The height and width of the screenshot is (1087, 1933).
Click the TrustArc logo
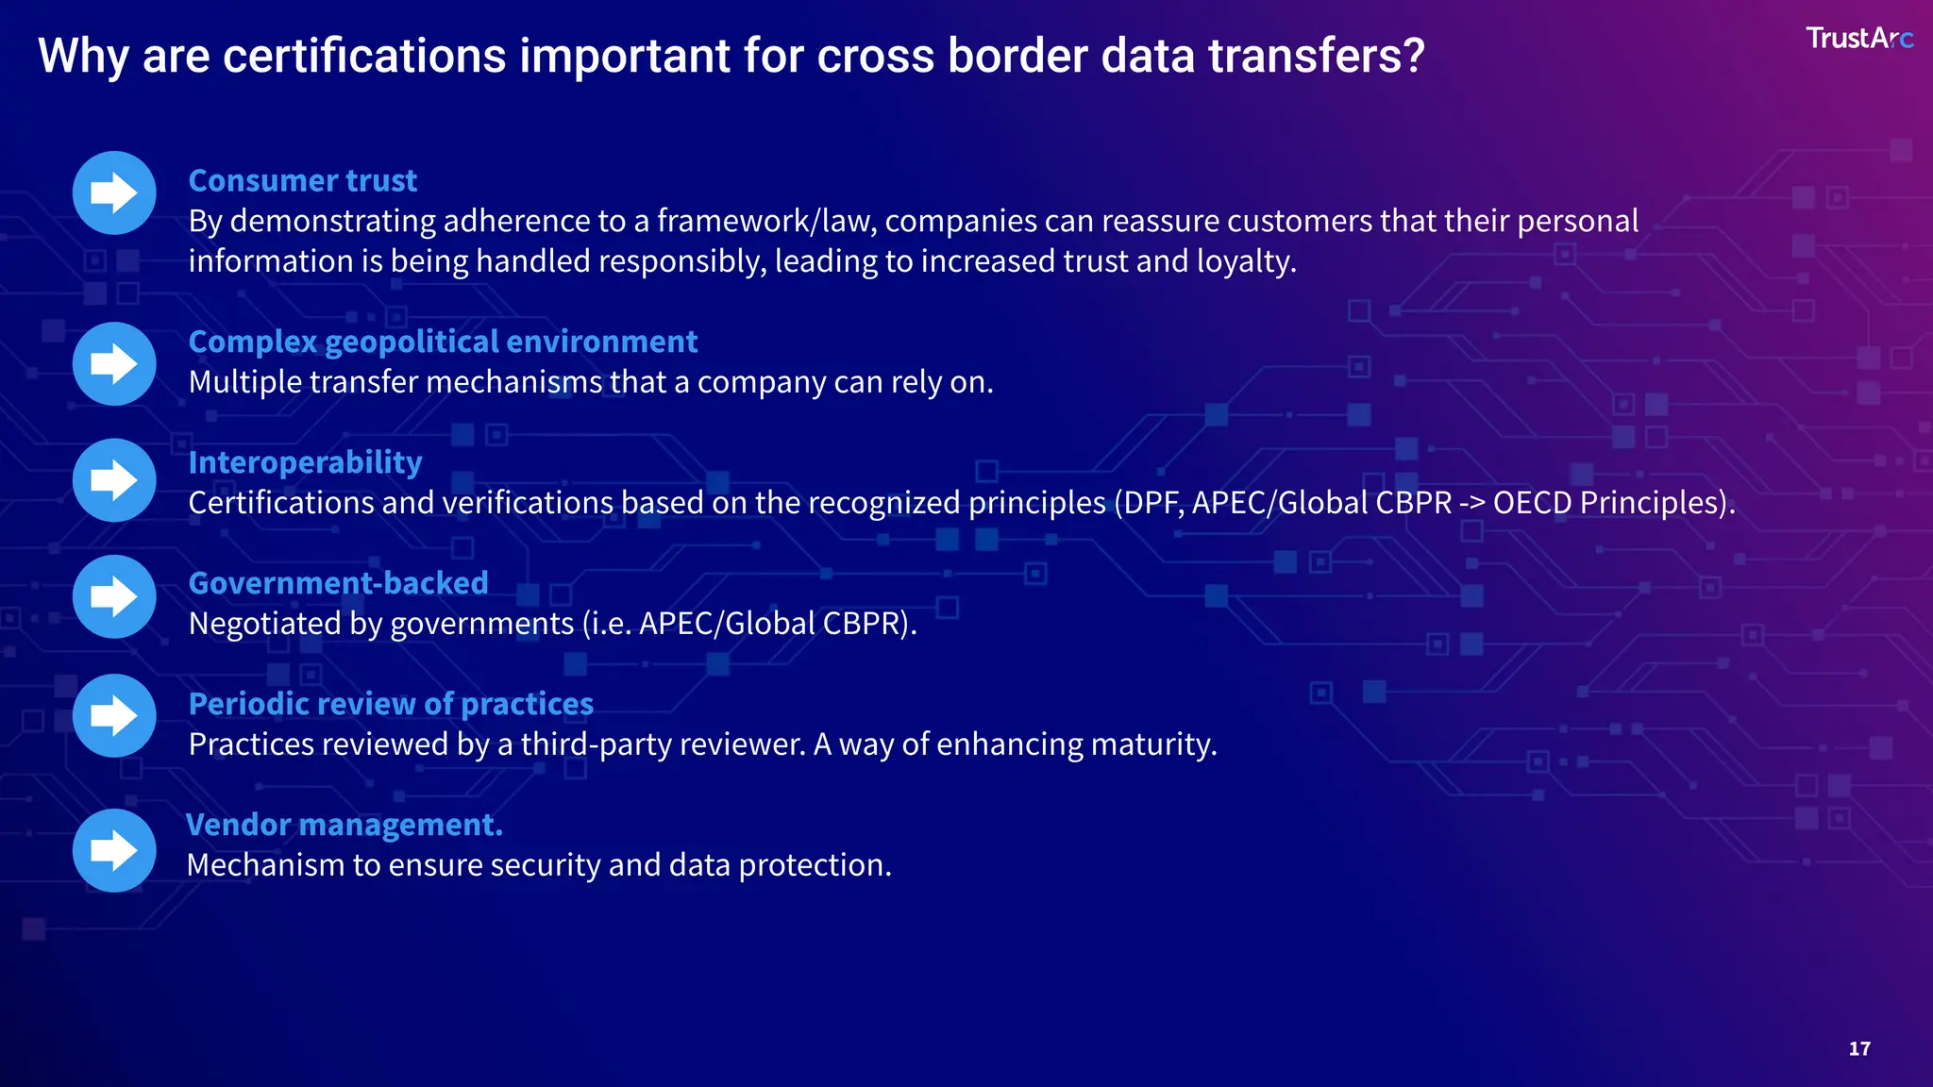1857,39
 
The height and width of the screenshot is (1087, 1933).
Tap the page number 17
1859,1048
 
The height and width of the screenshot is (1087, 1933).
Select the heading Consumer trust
302,180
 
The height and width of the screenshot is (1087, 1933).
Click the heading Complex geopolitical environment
443,342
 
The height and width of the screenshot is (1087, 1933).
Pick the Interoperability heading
305,462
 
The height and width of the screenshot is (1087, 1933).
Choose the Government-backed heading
338,583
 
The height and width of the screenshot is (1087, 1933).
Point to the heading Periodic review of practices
391,704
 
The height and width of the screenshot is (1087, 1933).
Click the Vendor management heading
345,825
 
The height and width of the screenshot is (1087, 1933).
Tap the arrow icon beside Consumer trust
114,193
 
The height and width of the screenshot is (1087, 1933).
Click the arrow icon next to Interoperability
114,480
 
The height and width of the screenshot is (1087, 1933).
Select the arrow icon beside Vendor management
114,850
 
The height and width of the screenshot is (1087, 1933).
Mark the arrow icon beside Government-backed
114,597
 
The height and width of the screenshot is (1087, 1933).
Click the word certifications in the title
366,57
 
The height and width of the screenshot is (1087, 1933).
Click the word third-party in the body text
597,744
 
